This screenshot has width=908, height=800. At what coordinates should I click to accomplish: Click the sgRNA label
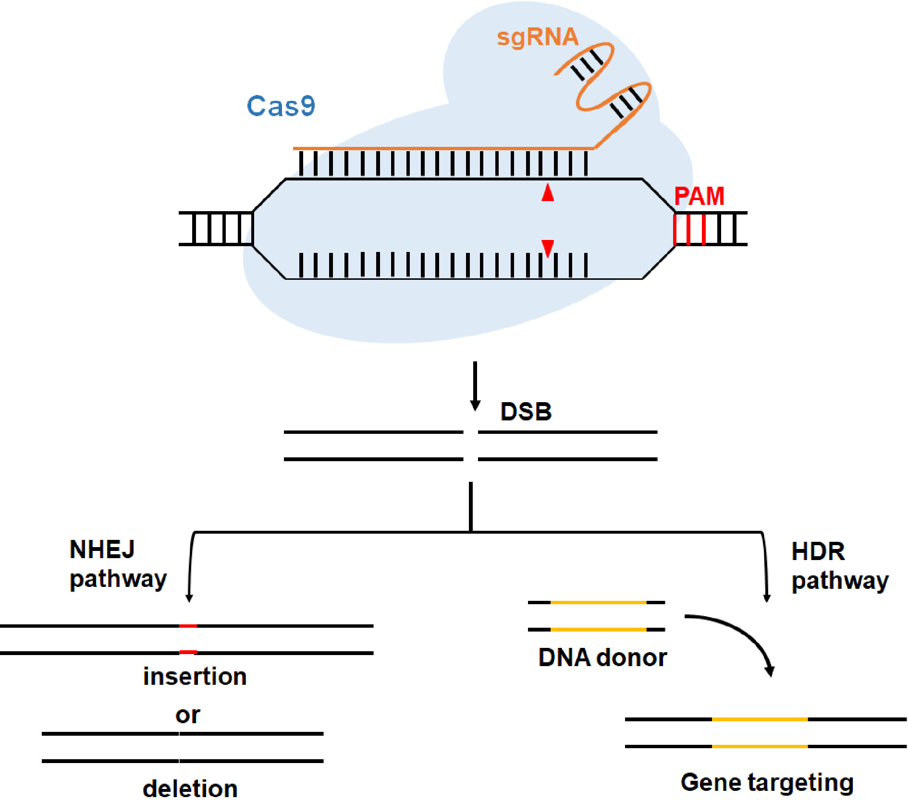tap(537, 37)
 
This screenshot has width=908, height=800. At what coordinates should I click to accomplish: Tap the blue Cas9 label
tap(281, 106)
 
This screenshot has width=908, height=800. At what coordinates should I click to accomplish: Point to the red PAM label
tap(699, 196)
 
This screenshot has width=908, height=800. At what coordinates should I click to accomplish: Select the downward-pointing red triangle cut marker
tap(548, 247)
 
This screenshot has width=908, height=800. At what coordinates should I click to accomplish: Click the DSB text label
tap(526, 412)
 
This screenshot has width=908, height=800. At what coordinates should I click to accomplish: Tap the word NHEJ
tap(102, 549)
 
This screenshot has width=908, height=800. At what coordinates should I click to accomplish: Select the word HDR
tap(818, 551)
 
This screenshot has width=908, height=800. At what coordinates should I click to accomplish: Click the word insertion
tap(195, 677)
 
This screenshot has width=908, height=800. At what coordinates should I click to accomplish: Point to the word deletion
tap(190, 788)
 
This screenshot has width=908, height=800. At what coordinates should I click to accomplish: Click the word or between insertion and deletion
tap(187, 715)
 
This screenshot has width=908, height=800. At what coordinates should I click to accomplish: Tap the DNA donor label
tap(602, 657)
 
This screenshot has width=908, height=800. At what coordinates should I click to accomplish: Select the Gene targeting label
tap(767, 782)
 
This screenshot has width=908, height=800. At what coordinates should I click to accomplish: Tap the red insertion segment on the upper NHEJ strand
tap(188, 626)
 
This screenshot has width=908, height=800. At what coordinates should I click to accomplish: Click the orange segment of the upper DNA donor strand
tap(598, 602)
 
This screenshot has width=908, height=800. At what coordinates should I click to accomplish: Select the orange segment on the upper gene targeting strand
tap(760, 719)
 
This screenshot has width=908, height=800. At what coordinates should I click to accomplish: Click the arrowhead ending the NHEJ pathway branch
tap(189, 598)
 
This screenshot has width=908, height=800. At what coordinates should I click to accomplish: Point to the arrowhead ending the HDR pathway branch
tap(767, 598)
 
